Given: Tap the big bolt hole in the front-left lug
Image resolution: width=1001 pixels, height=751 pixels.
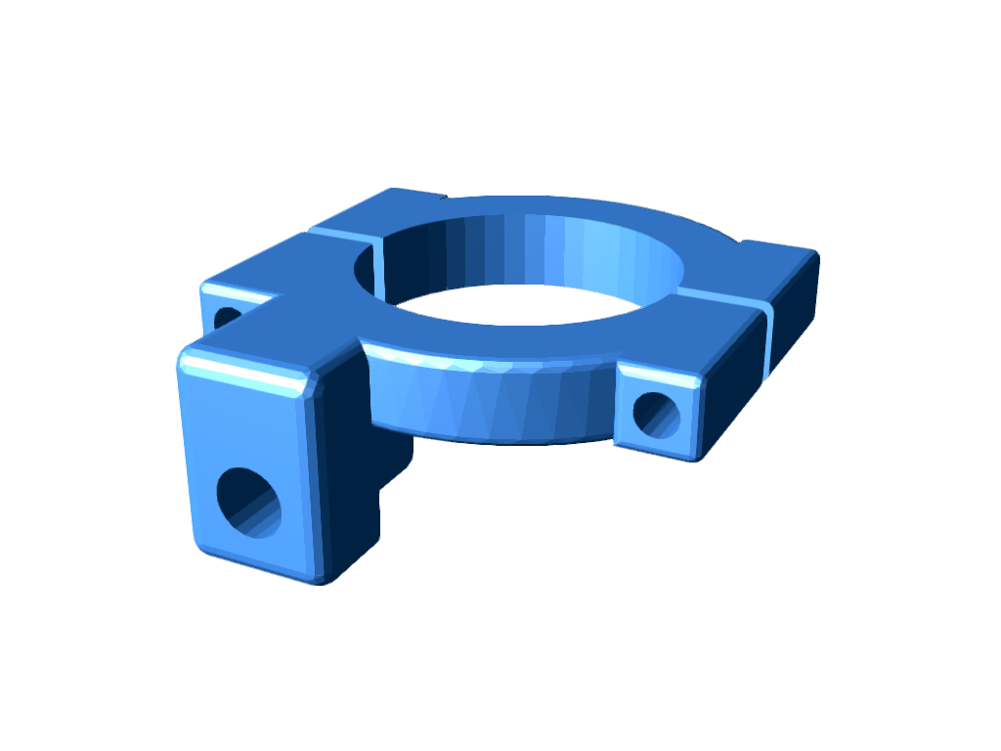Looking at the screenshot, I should point(248,503).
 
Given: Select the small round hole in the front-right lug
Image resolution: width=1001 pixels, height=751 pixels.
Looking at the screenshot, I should point(657,414).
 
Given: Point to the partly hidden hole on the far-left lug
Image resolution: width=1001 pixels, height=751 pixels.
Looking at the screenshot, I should point(227,318).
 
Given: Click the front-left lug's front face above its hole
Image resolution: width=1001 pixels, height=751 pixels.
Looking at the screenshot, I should point(244,420).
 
